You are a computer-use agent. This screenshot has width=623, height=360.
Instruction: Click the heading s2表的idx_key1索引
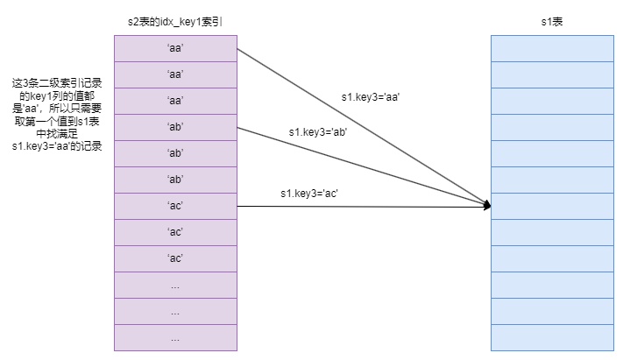click(174, 19)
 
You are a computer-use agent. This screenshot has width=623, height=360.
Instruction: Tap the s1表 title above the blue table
click(551, 19)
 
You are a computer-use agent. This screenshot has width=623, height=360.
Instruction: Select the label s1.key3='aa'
click(371, 97)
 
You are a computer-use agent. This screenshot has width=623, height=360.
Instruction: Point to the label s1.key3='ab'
click(318, 132)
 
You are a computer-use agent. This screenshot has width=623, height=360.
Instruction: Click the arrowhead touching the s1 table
click(486, 206)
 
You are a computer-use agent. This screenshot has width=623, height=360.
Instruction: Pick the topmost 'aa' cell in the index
click(174, 48)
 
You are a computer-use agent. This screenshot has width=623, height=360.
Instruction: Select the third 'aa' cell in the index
click(174, 101)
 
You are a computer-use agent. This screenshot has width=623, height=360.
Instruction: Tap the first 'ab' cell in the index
click(174, 127)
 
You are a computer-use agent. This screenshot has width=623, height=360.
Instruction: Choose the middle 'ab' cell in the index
click(174, 153)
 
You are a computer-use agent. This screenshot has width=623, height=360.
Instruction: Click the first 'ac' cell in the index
click(174, 206)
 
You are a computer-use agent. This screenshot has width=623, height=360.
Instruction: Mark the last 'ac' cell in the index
click(174, 258)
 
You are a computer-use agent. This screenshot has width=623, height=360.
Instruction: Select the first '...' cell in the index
click(174, 285)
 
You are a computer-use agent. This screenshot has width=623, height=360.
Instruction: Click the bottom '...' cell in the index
click(174, 337)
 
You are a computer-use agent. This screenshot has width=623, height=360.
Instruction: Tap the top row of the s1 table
click(551, 48)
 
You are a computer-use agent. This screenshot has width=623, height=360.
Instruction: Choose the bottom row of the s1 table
click(551, 337)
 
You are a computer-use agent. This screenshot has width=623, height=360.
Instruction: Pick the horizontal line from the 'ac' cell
click(359, 206)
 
